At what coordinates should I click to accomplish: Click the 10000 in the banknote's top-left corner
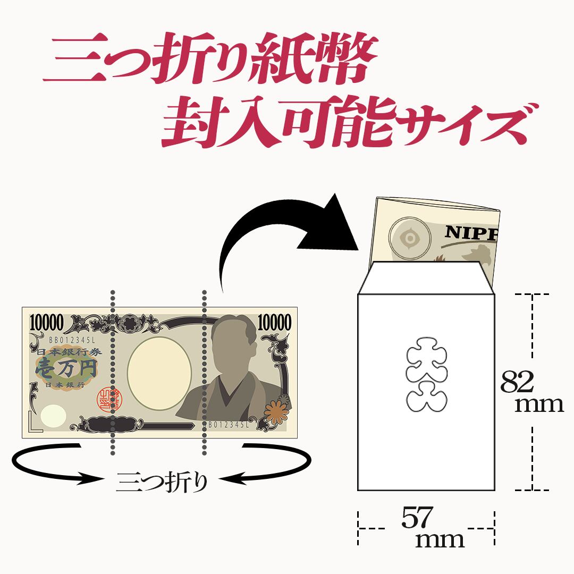[47, 322]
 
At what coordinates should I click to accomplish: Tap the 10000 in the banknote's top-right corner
[274, 322]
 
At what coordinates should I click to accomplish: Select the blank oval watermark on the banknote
[159, 373]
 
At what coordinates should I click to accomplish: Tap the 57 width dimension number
[418, 519]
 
